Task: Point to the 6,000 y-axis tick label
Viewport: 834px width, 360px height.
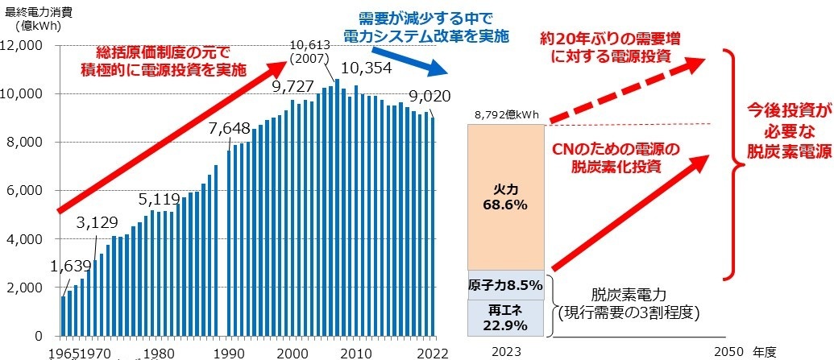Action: point(30,191)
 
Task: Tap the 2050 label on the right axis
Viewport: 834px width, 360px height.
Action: point(730,352)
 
